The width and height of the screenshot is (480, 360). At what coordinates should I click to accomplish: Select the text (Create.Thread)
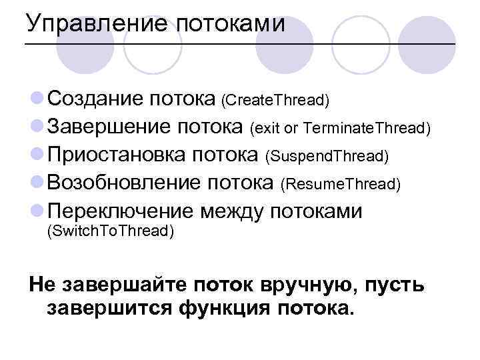(x=276, y=101)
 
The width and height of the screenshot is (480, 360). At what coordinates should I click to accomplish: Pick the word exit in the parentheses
(x=265, y=128)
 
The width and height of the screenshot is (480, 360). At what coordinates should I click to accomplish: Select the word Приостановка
(x=117, y=155)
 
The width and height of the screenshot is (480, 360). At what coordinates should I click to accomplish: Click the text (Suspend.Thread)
(x=327, y=156)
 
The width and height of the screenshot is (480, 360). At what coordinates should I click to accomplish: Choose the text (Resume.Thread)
(x=341, y=184)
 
